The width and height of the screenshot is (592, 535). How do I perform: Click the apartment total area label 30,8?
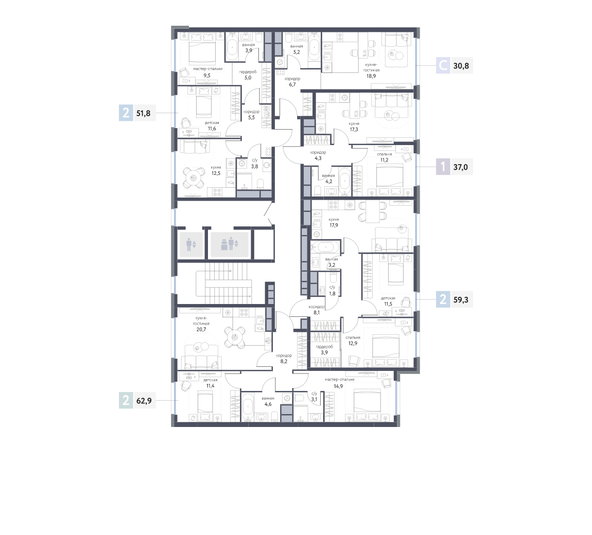(461, 66)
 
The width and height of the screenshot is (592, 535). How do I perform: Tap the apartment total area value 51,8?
(143, 114)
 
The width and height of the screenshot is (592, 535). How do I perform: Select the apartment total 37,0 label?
(461, 167)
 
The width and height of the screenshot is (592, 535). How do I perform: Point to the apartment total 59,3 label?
(461, 300)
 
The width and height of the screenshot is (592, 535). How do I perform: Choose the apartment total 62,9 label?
(144, 401)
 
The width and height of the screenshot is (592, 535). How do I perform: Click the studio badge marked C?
(443, 66)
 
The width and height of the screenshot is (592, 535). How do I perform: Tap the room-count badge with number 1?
(443, 167)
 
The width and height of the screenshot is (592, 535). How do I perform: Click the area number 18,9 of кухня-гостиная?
(371, 76)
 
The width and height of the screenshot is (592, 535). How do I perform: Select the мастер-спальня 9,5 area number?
(207, 76)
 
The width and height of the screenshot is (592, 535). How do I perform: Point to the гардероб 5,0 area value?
(248, 78)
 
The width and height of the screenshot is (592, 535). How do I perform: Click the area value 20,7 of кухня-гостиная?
(201, 329)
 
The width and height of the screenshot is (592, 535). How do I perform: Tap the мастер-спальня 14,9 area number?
(338, 386)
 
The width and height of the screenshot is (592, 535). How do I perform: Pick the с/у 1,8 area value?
(332, 294)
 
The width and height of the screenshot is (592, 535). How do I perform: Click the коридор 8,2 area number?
(284, 361)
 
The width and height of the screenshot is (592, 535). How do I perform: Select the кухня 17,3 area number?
(354, 130)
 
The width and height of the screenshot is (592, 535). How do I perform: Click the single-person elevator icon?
(191, 244)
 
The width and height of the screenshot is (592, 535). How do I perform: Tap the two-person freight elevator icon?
(230, 244)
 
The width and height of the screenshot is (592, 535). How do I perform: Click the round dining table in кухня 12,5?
(194, 177)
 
